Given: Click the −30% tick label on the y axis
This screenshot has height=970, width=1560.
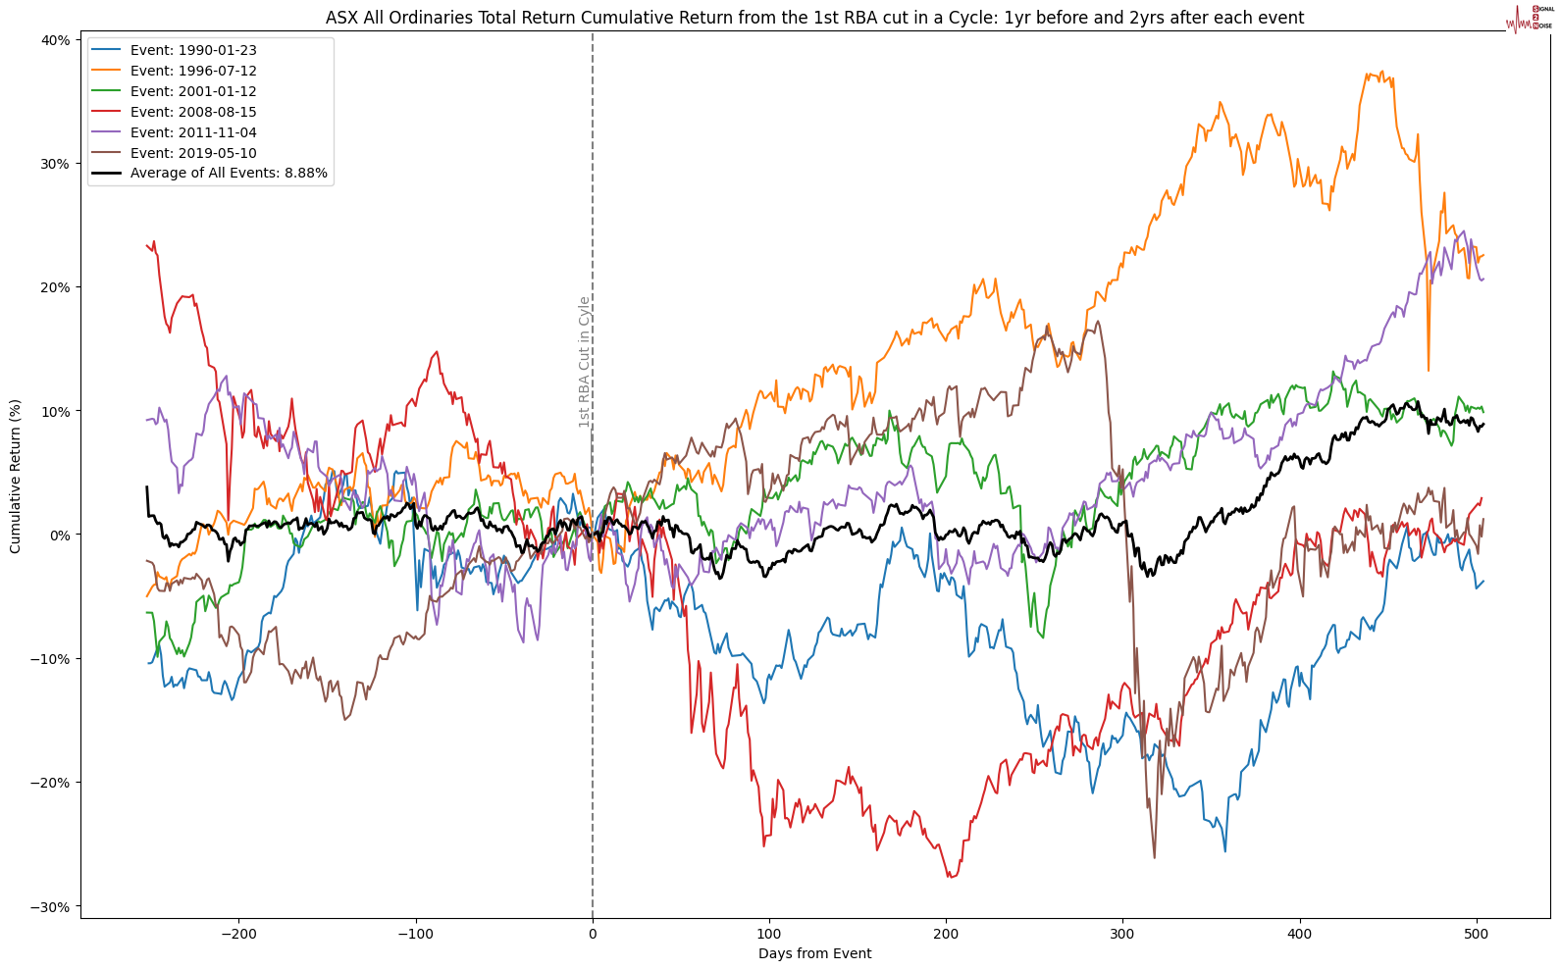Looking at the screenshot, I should click(x=51, y=906).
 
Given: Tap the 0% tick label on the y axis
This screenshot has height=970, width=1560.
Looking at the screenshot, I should click(x=59, y=536).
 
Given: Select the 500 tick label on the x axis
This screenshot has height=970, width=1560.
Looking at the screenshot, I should click(x=1477, y=934).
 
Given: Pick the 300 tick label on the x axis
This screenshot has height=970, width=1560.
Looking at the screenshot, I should click(x=1122, y=934).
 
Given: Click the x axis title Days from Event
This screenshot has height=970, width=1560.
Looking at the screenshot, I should click(x=814, y=953).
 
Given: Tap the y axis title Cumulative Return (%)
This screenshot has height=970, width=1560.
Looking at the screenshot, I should click(x=16, y=476).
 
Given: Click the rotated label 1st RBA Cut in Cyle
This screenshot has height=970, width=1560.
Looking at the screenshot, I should click(x=585, y=362).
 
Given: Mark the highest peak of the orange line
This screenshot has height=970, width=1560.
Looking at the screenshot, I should click(x=1380, y=72).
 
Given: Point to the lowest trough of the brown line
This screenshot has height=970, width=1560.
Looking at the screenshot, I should click(x=1154, y=858).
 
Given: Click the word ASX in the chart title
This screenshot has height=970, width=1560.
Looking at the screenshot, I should click(x=340, y=18).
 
